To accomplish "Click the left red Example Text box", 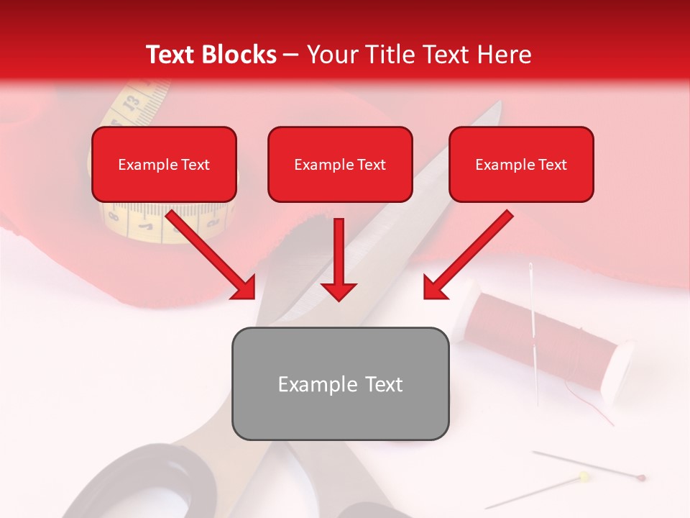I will tap(164, 164).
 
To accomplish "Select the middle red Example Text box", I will tap(340, 164).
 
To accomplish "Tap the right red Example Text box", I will tap(521, 164).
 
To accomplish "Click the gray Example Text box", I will tap(340, 383).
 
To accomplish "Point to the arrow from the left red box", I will tap(212, 255).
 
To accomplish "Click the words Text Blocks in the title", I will tap(211, 55).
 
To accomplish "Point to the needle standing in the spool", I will tap(533, 324).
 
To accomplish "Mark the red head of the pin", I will tap(641, 477).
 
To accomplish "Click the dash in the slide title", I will tap(291, 55).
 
